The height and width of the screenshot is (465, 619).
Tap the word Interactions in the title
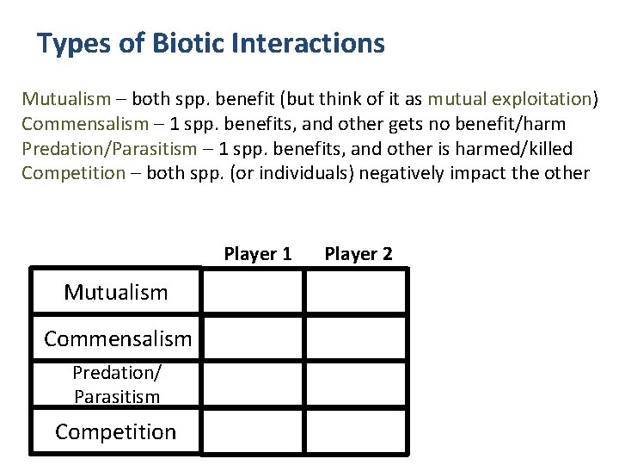tap(313, 43)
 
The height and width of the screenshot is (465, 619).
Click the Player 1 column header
tap(258, 254)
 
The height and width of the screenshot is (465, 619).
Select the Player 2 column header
tap(359, 254)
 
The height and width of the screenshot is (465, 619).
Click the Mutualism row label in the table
tap(116, 292)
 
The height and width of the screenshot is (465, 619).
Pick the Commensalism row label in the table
tap(118, 338)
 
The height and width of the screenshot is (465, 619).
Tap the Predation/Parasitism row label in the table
tap(116, 385)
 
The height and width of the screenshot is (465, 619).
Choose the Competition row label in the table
tap(116, 431)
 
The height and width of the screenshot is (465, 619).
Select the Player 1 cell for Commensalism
tap(253, 338)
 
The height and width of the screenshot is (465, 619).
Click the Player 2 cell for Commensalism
tap(357, 338)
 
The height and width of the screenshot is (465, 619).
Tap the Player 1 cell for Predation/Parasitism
tap(253, 385)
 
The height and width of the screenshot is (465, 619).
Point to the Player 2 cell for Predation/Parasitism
tap(357, 385)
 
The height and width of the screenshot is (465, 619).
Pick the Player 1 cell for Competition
tap(253, 431)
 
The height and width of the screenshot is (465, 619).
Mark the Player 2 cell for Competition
tap(357, 431)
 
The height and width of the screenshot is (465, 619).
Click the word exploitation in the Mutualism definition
tap(544, 96)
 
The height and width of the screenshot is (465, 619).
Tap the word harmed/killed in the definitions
tap(522, 148)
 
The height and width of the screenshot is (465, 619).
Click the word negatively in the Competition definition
tap(403, 173)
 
